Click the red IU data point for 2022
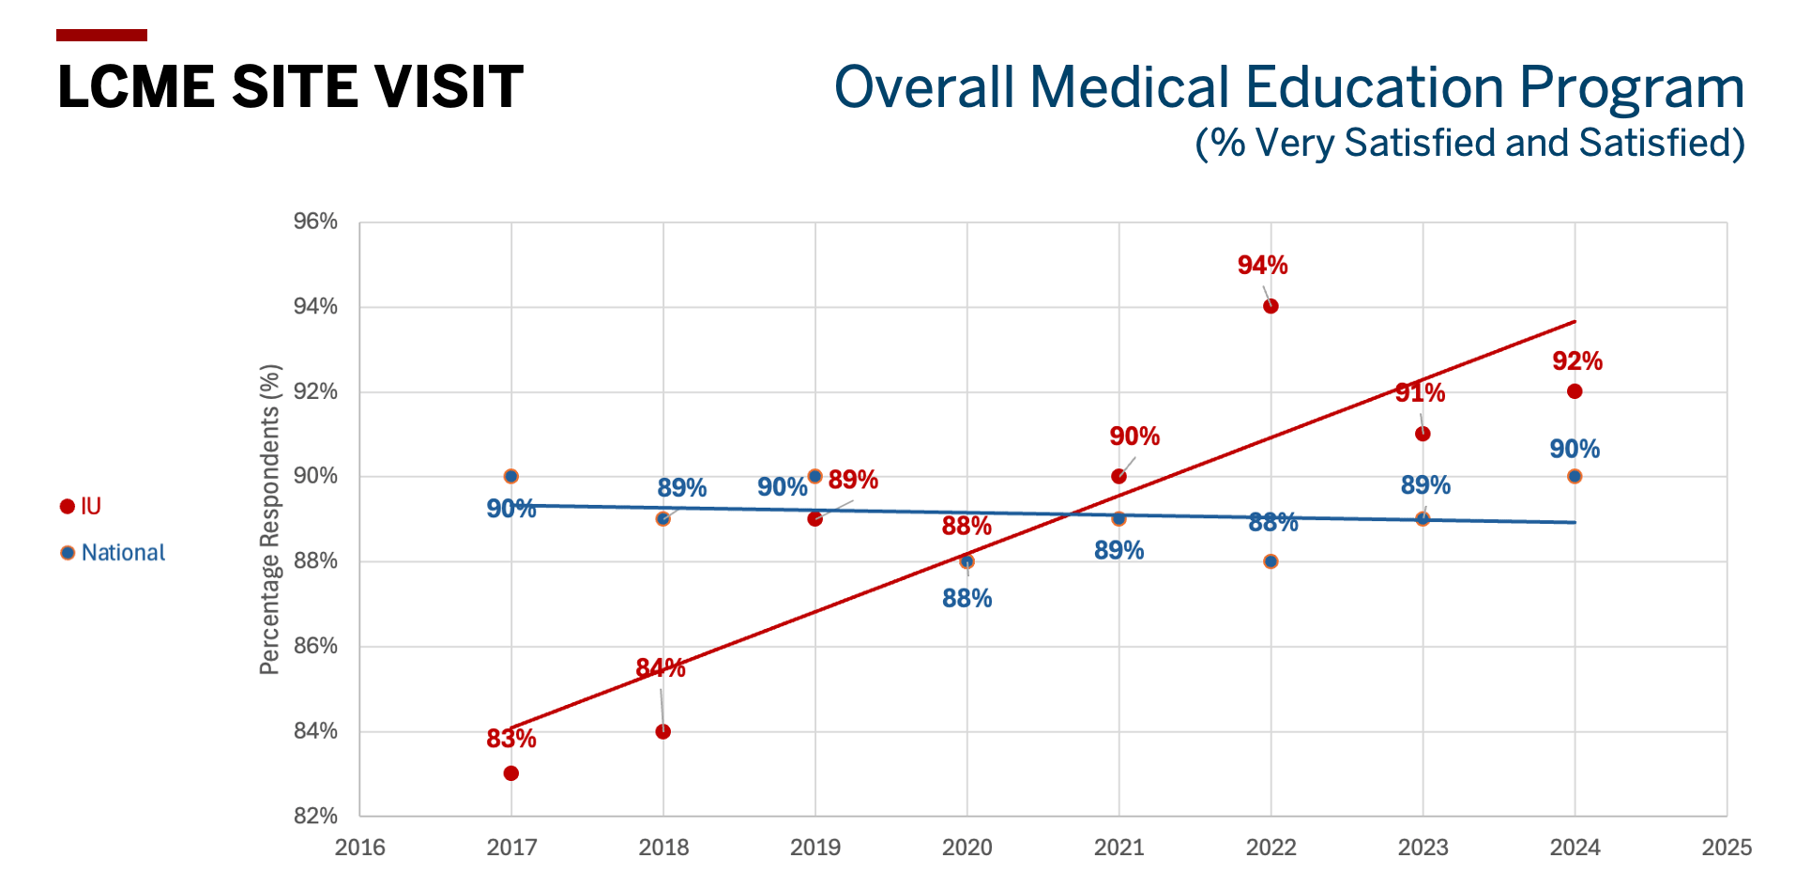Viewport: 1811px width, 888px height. [x=1271, y=306]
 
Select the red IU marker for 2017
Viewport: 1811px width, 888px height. [x=511, y=773]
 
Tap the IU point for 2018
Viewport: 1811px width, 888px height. [x=663, y=731]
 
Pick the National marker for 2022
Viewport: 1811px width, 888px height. [x=1271, y=561]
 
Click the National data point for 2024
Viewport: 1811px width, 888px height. [x=1575, y=477]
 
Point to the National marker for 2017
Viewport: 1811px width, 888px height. [x=511, y=477]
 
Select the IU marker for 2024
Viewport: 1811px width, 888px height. [x=1575, y=391]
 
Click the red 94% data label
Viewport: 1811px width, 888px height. [x=1262, y=266]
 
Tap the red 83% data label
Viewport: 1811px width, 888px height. [x=511, y=739]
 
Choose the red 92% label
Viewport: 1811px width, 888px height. [x=1577, y=361]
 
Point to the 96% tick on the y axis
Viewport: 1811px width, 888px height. [x=315, y=222]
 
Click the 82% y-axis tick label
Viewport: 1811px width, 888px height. [x=315, y=816]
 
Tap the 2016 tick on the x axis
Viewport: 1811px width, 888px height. [x=360, y=848]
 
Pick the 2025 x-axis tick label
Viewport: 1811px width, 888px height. [x=1727, y=848]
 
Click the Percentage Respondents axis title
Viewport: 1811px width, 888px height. [x=270, y=519]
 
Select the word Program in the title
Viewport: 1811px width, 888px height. [x=1632, y=87]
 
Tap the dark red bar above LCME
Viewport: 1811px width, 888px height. [x=101, y=36]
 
